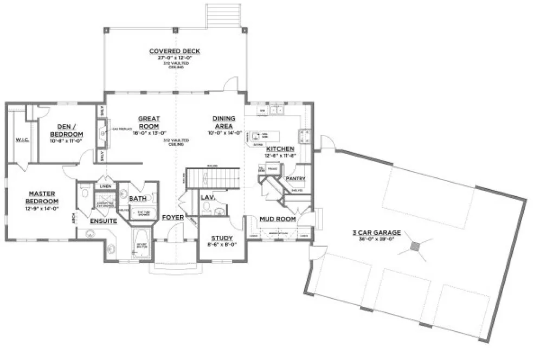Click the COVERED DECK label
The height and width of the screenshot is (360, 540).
click(175, 52)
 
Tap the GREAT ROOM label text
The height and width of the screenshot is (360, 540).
click(149, 122)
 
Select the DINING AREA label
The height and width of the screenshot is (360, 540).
click(223, 122)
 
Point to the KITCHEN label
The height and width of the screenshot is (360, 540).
click(280, 149)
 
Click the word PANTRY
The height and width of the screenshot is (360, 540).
click(295, 178)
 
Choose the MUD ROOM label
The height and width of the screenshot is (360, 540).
click(278, 219)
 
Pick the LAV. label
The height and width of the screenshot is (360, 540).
click(208, 198)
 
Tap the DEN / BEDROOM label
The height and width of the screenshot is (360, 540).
click(66, 130)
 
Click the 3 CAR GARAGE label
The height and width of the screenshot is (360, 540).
click(380, 233)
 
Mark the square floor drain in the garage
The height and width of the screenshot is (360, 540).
click(415, 247)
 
